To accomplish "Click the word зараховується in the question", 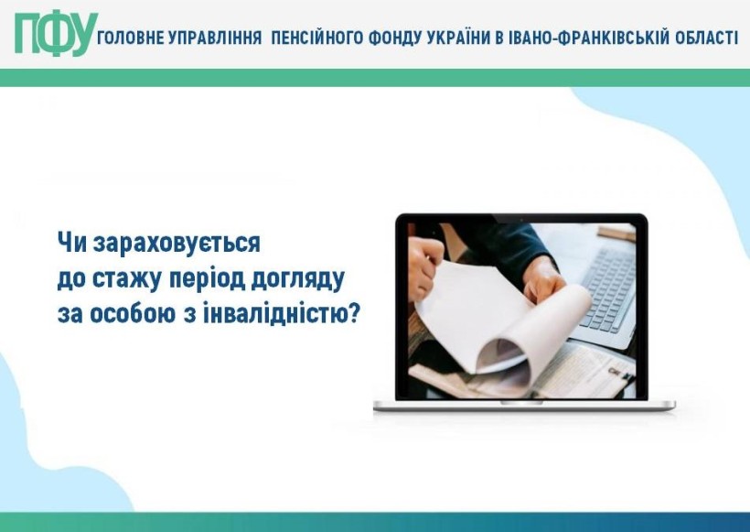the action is [177, 244].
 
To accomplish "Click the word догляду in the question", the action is [298, 279].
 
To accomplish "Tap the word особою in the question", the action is [133, 314].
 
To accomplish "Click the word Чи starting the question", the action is [72, 244].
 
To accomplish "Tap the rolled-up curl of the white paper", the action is [506, 358].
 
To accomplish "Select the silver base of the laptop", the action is [524, 406].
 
